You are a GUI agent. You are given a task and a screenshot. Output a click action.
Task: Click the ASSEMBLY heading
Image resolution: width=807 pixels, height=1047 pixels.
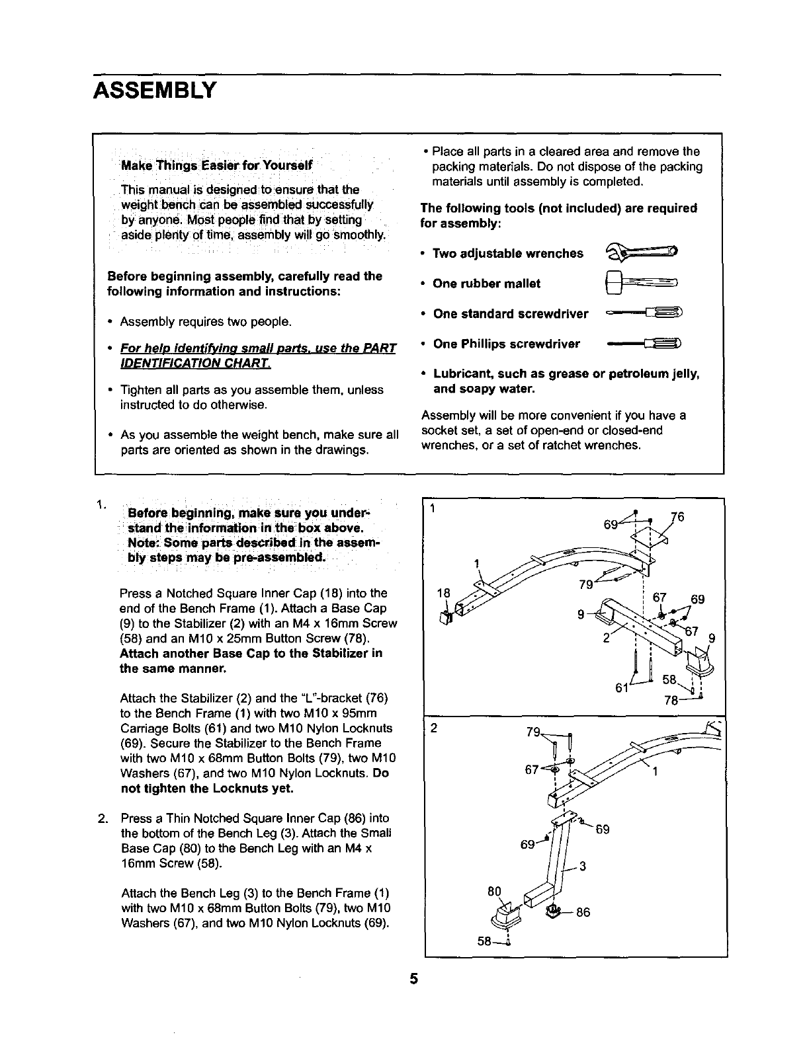[155, 89]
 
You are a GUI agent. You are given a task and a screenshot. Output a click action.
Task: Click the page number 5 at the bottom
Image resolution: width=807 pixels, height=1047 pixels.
[413, 979]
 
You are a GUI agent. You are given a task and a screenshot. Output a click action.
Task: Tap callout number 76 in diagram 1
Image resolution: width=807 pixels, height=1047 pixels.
[677, 516]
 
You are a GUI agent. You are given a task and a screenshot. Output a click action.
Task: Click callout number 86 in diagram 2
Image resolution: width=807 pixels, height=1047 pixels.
[582, 913]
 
